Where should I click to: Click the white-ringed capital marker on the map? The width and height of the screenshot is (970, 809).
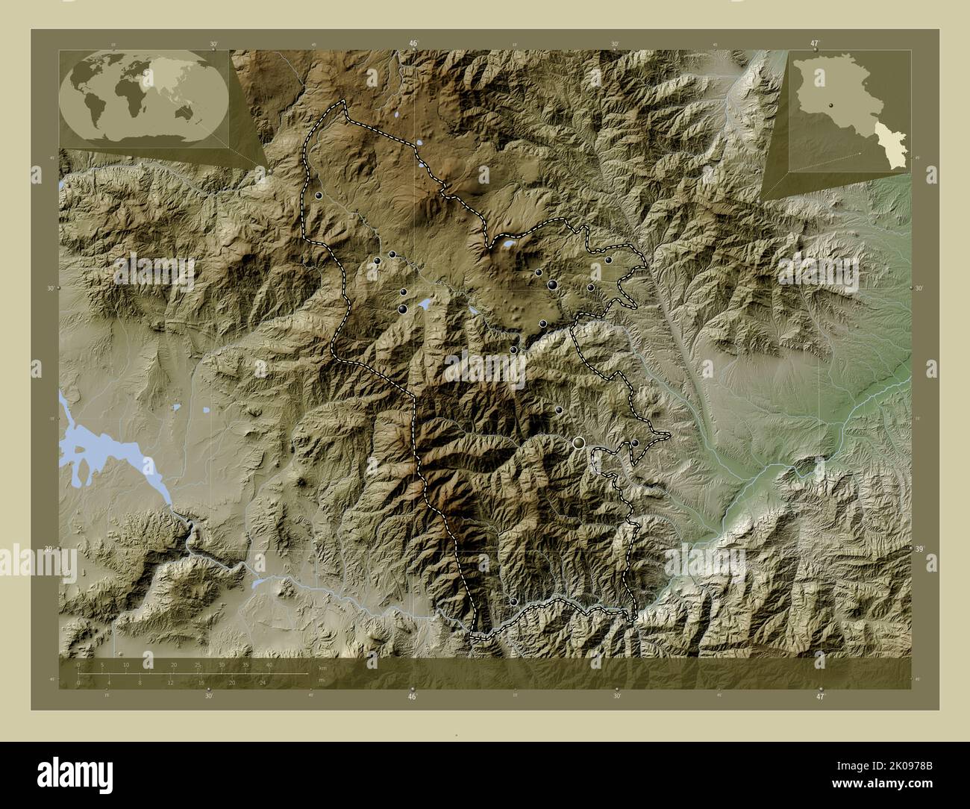578,443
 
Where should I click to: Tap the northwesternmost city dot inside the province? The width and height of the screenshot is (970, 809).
319,195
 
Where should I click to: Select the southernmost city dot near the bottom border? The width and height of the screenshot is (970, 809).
513,602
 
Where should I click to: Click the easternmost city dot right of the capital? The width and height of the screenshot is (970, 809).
635,443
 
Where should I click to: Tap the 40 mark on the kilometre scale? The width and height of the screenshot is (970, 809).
269,664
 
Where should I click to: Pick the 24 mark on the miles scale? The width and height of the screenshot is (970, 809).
263,682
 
